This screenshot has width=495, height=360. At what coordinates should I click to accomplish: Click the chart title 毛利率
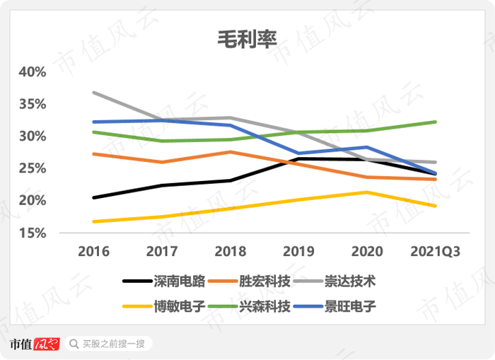(248, 40)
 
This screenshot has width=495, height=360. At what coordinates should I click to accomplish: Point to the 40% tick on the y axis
(33, 72)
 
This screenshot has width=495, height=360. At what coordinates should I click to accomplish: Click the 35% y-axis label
(33, 104)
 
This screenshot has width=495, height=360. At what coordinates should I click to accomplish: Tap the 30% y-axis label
(33, 136)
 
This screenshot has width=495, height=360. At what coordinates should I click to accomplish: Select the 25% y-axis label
(33, 168)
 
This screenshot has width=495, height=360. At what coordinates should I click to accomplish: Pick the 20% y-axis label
(33, 201)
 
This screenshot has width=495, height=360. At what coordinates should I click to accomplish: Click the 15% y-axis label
(33, 233)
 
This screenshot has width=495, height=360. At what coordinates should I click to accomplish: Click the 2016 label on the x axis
(94, 252)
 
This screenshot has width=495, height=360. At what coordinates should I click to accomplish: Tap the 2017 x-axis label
(162, 252)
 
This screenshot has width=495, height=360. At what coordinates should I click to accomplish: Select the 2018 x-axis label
(230, 252)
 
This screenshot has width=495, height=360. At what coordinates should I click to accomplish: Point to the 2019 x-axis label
(298, 252)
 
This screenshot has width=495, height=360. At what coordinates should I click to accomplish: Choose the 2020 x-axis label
(366, 252)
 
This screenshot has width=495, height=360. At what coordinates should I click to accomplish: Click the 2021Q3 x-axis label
(434, 252)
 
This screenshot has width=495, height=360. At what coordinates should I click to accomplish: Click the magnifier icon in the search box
(74, 344)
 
